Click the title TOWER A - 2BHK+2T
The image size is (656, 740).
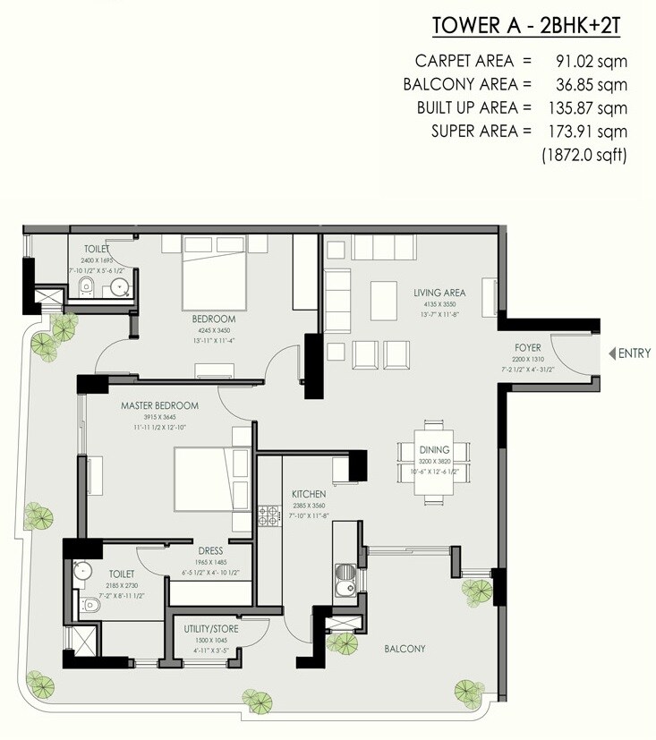(x=526, y=25)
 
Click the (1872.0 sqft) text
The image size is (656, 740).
(x=583, y=155)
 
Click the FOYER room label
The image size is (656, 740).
(x=528, y=347)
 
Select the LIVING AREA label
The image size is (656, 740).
(x=439, y=293)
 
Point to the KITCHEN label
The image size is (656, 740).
(x=307, y=493)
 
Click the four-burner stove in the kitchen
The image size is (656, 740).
(x=268, y=515)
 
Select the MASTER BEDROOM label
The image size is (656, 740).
(x=160, y=405)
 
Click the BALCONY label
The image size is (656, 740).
(x=405, y=649)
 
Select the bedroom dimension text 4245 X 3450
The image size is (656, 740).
(x=213, y=329)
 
